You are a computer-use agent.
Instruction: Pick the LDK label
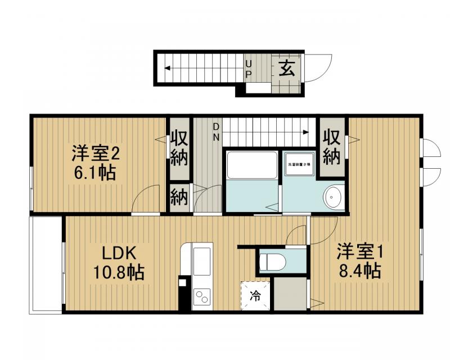[119, 253]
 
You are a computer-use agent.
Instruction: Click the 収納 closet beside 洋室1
[331, 148]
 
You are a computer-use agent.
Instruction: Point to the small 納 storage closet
[179, 197]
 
